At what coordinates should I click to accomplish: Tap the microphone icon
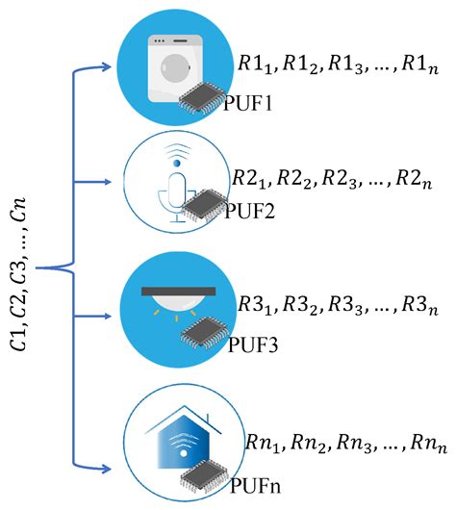coord(174,187)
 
